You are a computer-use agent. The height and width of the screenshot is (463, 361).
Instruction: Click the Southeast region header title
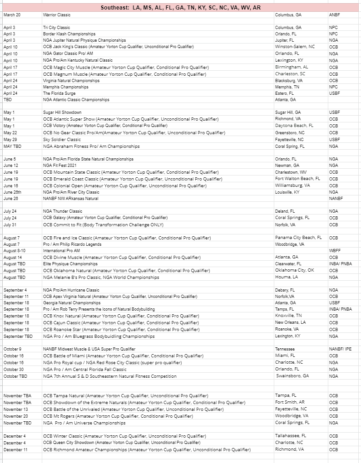[180, 8]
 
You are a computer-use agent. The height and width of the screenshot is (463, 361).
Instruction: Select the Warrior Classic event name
[57, 15]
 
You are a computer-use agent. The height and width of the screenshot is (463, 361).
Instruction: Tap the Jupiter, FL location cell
[285, 40]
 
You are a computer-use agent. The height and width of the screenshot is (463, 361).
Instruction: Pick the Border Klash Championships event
[69, 34]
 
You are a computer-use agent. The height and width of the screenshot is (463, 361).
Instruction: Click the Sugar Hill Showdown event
[62, 112]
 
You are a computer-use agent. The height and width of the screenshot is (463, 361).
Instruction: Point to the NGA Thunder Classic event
[63, 211]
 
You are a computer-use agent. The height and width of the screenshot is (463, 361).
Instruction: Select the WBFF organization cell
[335, 250]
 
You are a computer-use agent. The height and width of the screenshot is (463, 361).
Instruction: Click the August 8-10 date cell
[15, 250]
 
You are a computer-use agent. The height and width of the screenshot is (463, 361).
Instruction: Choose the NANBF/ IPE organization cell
[340, 349]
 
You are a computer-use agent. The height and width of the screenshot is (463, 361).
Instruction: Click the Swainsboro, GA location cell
[292, 376]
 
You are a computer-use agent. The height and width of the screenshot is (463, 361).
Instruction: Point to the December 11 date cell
[15, 449]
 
